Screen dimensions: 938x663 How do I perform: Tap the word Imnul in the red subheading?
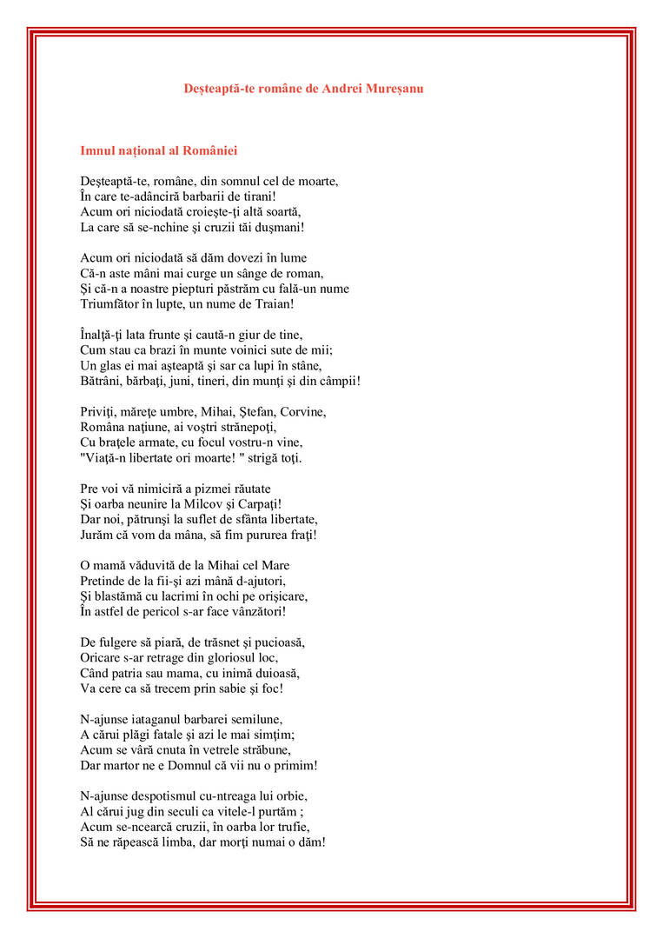pyautogui.click(x=97, y=151)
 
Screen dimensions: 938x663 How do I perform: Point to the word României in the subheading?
pyautogui.click(x=209, y=151)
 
